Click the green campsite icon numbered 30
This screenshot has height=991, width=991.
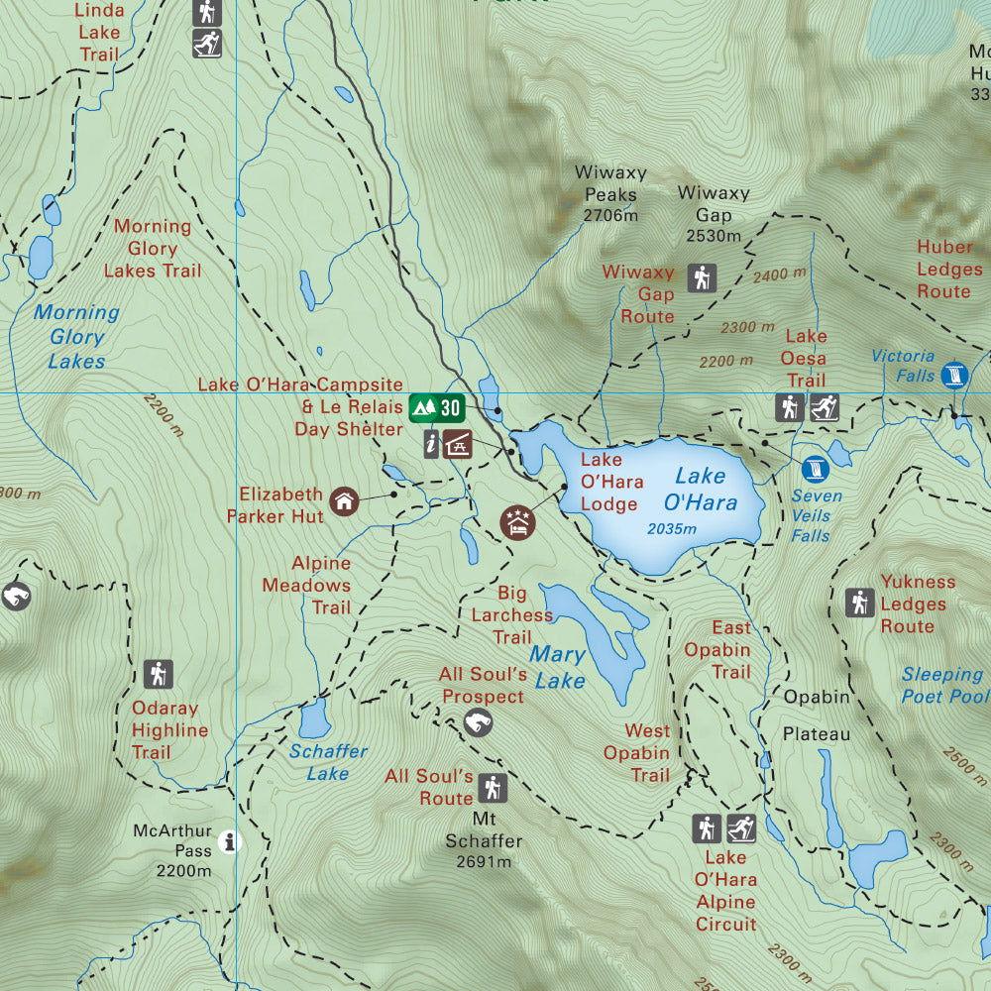tap(436, 407)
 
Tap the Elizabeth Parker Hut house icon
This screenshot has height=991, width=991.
tap(344, 500)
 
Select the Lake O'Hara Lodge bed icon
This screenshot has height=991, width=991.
tap(517, 521)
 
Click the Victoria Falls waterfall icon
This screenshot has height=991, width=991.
tap(954, 375)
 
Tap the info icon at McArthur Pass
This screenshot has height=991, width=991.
tap(231, 841)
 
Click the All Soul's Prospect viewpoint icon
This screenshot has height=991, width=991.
tap(477, 724)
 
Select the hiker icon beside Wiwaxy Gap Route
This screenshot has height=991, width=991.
tap(703, 278)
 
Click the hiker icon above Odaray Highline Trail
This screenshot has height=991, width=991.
tap(157, 674)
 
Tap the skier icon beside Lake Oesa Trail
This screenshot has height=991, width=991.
tap(825, 407)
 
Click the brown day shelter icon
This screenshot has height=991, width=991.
tap(456, 443)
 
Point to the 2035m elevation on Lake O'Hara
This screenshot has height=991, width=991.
tap(671, 528)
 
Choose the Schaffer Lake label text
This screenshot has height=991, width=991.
tap(328, 761)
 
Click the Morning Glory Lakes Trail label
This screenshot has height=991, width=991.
tap(153, 249)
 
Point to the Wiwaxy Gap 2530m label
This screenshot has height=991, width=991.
tap(714, 213)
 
